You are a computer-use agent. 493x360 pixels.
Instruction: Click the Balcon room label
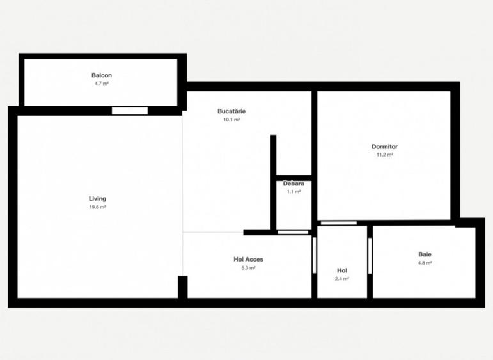tap(102, 75)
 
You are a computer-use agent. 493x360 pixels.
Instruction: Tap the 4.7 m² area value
tap(102, 84)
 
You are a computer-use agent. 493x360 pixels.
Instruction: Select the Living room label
tap(97, 199)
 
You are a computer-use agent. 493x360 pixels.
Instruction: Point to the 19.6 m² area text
tap(97, 207)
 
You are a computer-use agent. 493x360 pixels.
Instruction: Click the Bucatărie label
tap(231, 111)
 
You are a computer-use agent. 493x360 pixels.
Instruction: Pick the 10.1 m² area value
tap(231, 120)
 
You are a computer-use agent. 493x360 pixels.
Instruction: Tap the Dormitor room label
tap(384, 146)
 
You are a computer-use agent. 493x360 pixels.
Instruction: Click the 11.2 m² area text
tap(384, 155)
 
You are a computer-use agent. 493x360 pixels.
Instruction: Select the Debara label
tap(293, 184)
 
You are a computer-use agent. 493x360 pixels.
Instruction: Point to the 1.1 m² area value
tap(293, 192)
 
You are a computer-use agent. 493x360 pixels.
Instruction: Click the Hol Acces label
tap(248, 260)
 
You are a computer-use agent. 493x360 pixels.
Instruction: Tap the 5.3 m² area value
tap(248, 268)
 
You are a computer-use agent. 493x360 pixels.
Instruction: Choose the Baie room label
tap(425, 254)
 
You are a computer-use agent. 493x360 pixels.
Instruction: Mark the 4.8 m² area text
tap(425, 263)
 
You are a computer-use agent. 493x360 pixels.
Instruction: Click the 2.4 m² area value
tap(342, 279)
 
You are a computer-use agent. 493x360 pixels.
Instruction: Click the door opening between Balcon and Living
tap(130, 111)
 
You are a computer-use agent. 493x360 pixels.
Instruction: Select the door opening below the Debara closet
tap(293, 232)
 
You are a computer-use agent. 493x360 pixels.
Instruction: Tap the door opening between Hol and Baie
tap(370, 256)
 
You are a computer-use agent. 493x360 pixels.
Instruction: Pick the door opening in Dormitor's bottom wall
tap(339, 223)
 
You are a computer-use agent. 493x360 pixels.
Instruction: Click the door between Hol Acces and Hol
tap(314, 255)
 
